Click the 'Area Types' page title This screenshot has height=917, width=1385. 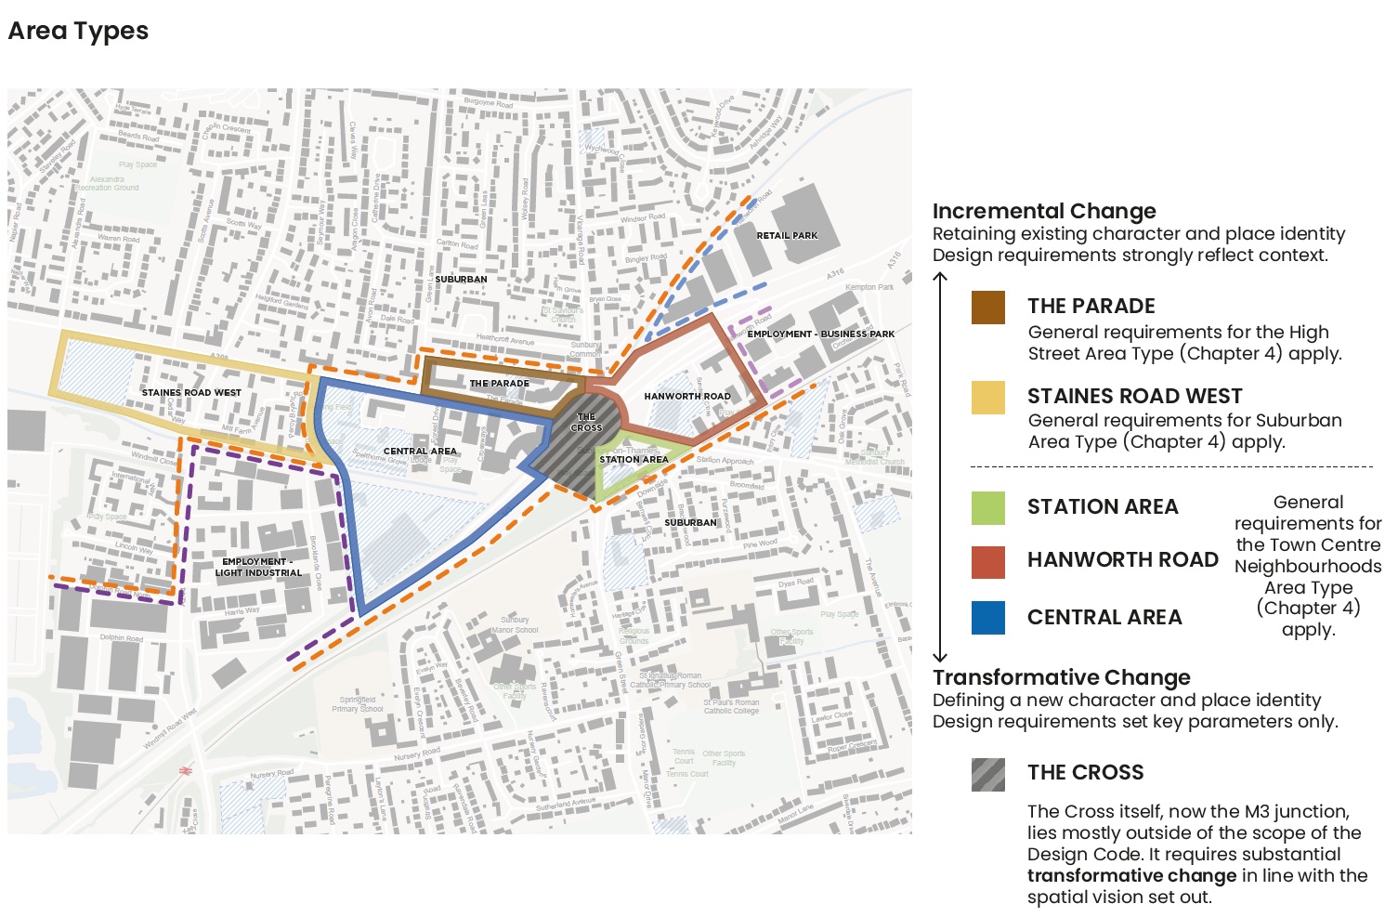(78, 32)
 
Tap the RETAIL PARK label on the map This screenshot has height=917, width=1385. (787, 235)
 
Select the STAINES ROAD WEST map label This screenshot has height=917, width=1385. (191, 392)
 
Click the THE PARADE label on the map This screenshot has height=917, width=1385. (499, 383)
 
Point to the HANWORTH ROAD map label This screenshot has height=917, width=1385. (687, 396)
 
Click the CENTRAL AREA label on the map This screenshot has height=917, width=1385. (420, 451)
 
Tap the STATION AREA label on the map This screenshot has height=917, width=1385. (634, 459)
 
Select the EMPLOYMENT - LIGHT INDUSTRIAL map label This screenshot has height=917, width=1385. (258, 567)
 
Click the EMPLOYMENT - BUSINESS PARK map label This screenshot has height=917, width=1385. (821, 334)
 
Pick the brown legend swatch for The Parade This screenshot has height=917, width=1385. (987, 308)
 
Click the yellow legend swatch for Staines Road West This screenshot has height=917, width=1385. (987, 397)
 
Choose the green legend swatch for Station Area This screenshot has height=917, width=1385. (987, 507)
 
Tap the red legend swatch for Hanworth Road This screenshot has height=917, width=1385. (987, 561)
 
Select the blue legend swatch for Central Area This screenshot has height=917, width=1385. (987, 618)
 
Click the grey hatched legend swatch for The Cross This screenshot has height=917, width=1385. (987, 774)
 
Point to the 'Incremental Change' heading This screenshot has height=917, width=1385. (1044, 211)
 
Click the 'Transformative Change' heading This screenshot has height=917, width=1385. (1061, 677)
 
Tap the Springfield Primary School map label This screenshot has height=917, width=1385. (358, 704)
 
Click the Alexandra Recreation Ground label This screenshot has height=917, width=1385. (109, 183)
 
